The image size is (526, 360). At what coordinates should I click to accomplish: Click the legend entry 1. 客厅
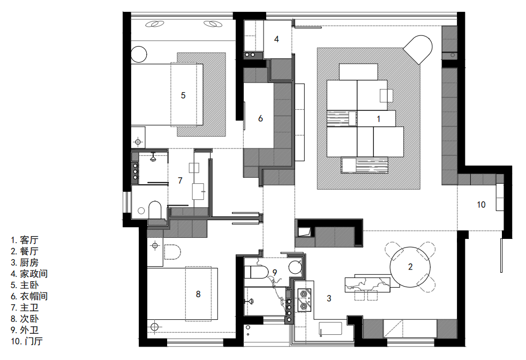pos(25,240)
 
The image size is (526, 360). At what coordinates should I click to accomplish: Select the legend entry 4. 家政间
pos(29,274)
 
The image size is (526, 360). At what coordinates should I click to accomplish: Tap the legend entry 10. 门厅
pos(27,341)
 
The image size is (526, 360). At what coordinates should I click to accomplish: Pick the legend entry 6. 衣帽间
pos(29,296)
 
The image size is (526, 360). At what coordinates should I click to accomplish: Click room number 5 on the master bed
pos(183,95)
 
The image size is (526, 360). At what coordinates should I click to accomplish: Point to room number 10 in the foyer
pos(481,205)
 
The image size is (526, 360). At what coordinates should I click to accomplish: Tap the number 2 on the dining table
pos(410,267)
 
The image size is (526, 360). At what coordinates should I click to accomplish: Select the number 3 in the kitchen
pos(329,298)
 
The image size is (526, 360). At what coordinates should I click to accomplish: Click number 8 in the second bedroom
pos(198,294)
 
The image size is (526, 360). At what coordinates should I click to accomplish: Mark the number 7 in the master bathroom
pos(180,181)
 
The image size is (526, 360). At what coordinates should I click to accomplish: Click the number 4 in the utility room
pos(276,39)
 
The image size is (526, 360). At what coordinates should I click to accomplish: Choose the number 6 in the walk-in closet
pos(260,118)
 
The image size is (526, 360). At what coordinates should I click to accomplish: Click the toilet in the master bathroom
pos(155,209)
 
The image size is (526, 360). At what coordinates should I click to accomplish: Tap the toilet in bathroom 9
pos(256,272)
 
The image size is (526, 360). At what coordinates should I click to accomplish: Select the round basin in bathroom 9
pos(295,267)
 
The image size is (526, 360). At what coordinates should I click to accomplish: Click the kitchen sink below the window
pos(330,329)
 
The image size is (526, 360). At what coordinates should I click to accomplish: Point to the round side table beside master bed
pos(139,54)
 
